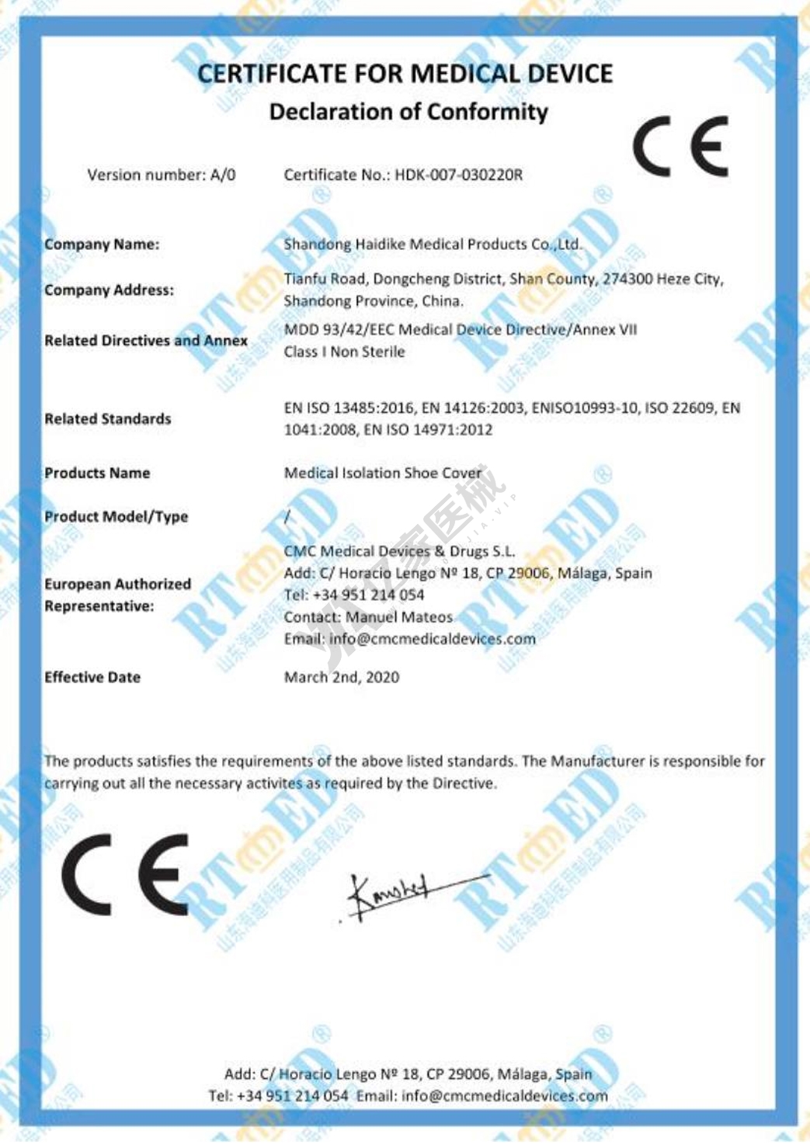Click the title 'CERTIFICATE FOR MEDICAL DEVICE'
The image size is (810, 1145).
tap(405, 74)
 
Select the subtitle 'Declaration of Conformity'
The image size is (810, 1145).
tap(408, 112)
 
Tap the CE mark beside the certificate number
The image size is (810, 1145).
tap(680, 147)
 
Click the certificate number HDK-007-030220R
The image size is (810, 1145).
tap(458, 175)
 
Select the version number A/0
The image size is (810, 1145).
tap(223, 175)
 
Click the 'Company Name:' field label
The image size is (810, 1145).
tap(102, 245)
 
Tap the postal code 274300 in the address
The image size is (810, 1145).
tap(627, 279)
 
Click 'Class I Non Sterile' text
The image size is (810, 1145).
tap(344, 352)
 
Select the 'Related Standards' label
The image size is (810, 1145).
tap(107, 419)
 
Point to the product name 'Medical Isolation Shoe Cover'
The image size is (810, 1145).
tap(383, 473)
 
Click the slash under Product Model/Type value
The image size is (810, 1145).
tap(288, 517)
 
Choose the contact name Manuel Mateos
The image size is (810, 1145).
tap(399, 617)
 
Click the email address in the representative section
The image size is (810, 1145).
tap(432, 639)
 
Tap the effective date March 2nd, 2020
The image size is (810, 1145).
tap(342, 678)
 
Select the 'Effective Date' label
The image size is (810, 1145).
tap(92, 678)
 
